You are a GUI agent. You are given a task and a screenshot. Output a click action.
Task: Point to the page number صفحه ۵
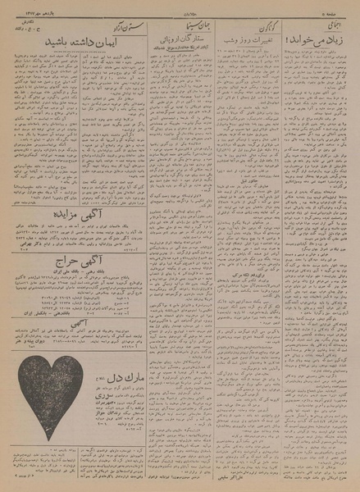tap(339, 11)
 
